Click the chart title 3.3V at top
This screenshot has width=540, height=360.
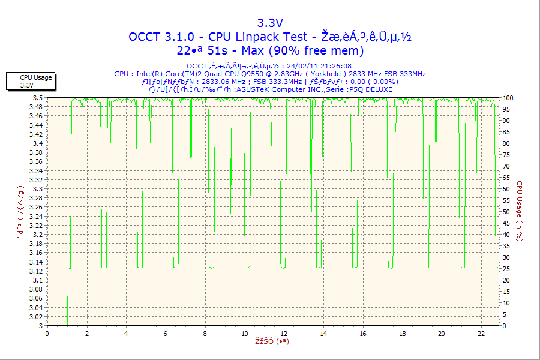coord(270,23)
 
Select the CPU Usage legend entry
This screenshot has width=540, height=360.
coord(35,77)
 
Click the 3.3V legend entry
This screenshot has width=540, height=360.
coord(26,85)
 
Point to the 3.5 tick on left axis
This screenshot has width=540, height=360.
coord(38,98)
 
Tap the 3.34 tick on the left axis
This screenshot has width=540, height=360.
coord(36,171)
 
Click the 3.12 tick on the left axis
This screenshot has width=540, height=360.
coord(36,271)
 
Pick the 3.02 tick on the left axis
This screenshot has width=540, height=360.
coord(36,317)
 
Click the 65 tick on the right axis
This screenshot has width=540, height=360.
coord(506,178)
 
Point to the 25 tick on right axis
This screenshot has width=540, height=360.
coord(506,269)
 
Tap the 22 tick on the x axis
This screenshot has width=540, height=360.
coord(481,334)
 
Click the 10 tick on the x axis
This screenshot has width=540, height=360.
coord(244,334)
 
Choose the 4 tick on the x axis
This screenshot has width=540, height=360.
coord(126,334)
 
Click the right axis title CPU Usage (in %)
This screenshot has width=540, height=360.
coord(520,212)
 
